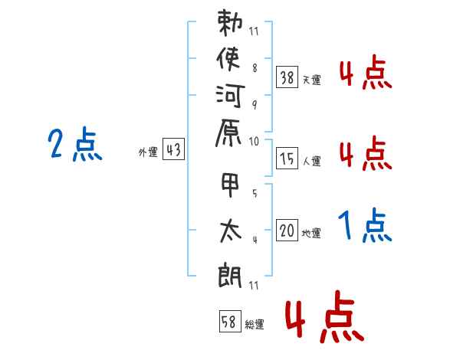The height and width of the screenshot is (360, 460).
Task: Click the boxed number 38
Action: point(287,77)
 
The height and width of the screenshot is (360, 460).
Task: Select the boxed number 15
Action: point(287,159)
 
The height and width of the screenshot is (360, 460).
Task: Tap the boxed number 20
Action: point(287,230)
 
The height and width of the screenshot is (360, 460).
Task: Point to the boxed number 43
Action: point(172,150)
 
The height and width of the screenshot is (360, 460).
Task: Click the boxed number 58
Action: point(229,322)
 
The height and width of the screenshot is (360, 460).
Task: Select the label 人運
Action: point(311,162)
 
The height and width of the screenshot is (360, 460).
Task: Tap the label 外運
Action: point(148,153)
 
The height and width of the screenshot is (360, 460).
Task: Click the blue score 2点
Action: point(74,144)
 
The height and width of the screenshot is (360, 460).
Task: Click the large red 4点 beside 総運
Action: point(324,317)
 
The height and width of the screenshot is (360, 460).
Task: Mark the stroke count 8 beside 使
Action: point(254,67)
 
